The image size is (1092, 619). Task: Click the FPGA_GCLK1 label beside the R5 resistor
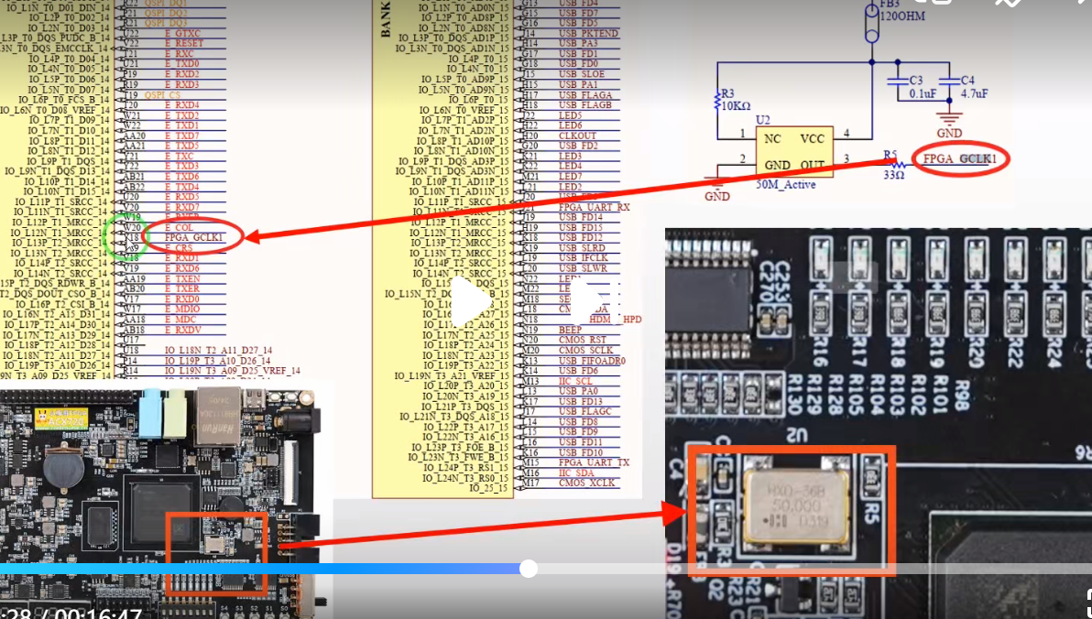pos(957,159)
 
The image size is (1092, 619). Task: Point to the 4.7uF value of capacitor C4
pos(974,93)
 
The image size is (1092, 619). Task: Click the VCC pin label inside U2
pos(812,139)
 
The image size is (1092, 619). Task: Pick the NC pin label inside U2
pos(773,139)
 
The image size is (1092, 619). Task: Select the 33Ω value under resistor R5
pos(893,175)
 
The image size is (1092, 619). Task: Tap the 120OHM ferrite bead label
pos(901,16)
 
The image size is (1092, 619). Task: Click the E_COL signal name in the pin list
pos(179,227)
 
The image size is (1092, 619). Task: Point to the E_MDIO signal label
pos(183,309)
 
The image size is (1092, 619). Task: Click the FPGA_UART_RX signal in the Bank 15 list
pos(594,207)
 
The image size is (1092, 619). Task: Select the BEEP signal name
pos(570,330)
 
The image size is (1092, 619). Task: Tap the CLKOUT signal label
pos(577,136)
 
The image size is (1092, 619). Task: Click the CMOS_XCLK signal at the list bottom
pos(586,483)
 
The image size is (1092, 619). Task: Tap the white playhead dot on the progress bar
pos(528,569)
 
